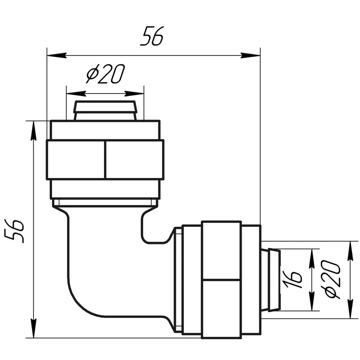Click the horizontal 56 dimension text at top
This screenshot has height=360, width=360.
tap(152, 36)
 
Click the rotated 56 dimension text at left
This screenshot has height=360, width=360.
tap(14, 231)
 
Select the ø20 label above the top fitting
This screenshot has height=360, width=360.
tap(106, 74)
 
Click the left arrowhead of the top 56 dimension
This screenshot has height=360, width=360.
tap(56, 55)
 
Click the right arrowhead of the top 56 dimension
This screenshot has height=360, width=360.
tap(250, 55)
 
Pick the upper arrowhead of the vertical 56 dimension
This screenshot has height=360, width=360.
tap(34, 130)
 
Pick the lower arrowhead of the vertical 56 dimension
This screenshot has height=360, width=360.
tap(34, 328)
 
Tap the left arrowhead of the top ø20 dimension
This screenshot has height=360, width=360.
tap(76, 94)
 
